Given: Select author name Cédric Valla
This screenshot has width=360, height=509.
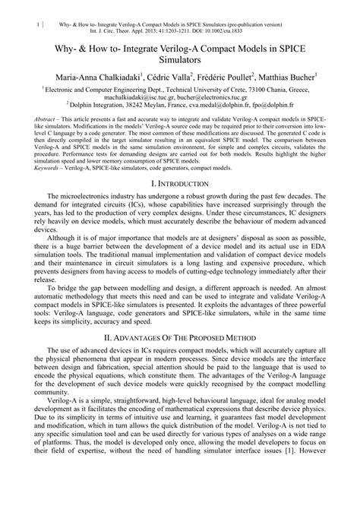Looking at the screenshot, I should pyautogui.click(x=172, y=77).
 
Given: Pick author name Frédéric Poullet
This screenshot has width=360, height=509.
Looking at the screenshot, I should pyautogui.click(x=231, y=77).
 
